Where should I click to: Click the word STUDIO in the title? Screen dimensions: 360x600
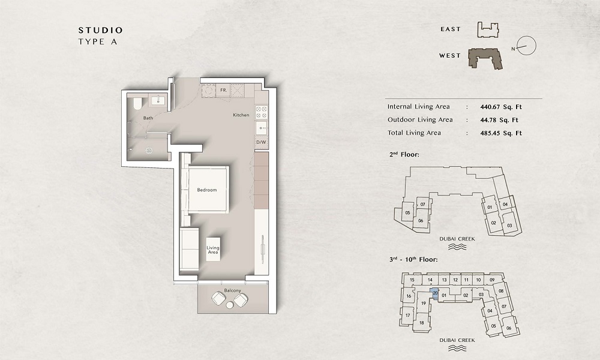point(100,30)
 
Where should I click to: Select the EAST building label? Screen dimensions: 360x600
point(450,29)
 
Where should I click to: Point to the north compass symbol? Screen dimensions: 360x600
point(526,44)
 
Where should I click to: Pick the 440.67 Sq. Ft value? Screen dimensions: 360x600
point(501,107)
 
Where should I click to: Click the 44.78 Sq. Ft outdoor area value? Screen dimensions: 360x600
point(499,120)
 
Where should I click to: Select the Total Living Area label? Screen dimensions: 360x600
point(414,133)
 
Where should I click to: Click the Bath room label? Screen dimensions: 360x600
point(148,118)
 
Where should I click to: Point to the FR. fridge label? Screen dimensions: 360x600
point(223,90)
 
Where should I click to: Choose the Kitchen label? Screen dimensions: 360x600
point(241,115)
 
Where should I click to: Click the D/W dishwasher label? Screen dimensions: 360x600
point(261,142)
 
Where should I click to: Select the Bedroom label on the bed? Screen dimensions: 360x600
point(206,190)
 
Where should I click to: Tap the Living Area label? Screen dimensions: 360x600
point(213,250)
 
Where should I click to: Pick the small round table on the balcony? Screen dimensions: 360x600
point(230,306)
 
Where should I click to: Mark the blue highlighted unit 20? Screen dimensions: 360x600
point(435,293)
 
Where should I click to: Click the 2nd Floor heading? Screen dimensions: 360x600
point(406,155)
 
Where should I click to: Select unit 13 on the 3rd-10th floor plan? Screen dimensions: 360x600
point(444,280)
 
